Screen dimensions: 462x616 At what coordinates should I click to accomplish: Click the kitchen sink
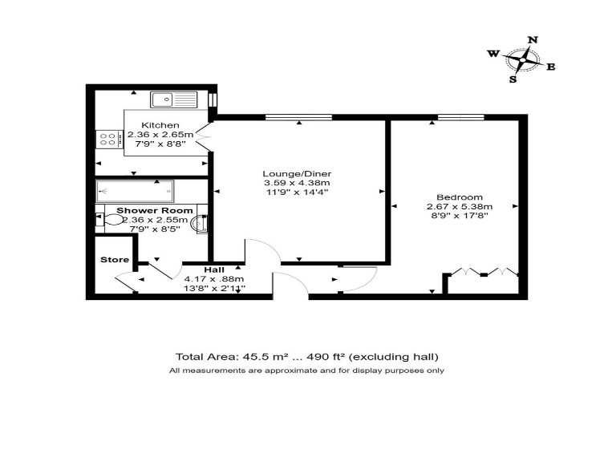174,99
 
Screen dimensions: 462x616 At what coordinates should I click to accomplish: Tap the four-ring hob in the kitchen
107,140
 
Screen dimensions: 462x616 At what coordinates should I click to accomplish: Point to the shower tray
135,191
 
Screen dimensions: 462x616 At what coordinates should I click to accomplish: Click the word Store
114,259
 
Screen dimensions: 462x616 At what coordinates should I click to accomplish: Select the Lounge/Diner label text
297,174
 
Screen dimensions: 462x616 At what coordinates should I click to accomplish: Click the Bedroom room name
460,197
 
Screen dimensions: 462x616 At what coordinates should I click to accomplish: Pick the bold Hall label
213,269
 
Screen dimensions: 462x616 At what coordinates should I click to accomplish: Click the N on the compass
533,39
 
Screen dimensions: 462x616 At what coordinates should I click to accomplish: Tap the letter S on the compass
513,79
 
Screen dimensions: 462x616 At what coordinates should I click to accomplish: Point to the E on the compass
550,67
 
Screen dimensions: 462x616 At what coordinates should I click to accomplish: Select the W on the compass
492,54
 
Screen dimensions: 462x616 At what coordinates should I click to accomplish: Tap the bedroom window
460,118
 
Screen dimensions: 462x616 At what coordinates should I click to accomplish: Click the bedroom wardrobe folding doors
484,272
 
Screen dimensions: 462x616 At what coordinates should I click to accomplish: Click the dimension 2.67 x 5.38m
460,207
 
